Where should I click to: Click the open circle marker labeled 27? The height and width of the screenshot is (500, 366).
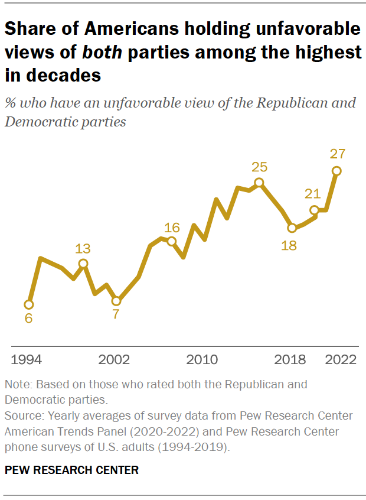(x=336, y=171)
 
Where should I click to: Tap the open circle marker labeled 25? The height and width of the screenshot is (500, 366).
(x=259, y=183)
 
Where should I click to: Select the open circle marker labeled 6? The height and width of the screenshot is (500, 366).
(x=28, y=304)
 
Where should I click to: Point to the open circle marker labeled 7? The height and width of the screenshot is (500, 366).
(x=116, y=301)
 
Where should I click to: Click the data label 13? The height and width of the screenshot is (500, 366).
(x=83, y=249)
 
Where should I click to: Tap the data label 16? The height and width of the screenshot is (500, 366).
(x=171, y=227)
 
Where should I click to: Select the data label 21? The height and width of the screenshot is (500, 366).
(x=312, y=194)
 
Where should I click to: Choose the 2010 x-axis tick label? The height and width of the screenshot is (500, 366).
(x=202, y=360)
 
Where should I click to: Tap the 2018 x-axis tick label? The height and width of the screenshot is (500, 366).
(x=290, y=360)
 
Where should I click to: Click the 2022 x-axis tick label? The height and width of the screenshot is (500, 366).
(x=340, y=360)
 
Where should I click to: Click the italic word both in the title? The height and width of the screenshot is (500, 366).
(x=102, y=51)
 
